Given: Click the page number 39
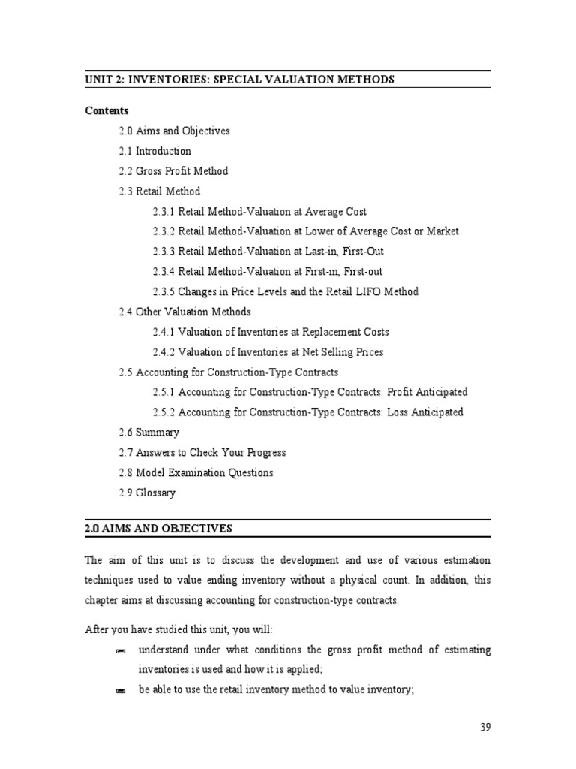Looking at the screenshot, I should click(x=485, y=728).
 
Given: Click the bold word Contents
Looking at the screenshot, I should click(x=107, y=110).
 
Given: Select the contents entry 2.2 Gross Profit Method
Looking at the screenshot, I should click(x=173, y=171).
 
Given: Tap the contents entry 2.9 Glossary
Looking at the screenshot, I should click(x=147, y=493).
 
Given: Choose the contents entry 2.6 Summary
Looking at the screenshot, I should click(x=148, y=433).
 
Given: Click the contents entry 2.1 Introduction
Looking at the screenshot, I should click(x=154, y=151).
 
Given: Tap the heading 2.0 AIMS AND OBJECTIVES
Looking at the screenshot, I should click(x=159, y=529).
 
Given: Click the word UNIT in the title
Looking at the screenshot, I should click(x=99, y=80).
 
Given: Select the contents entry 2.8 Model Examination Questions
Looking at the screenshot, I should click(x=196, y=473).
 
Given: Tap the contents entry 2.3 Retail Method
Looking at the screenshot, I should click(x=160, y=191).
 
